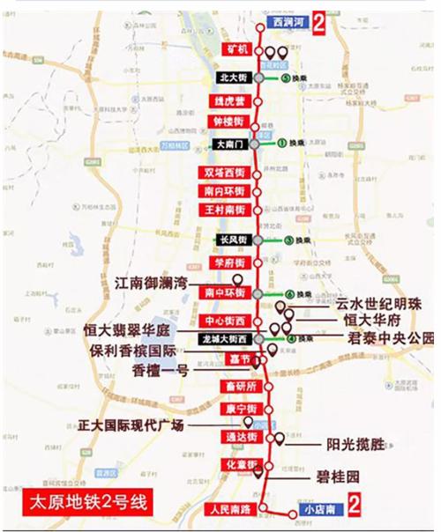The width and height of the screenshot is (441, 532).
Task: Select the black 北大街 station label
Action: coord(233,78)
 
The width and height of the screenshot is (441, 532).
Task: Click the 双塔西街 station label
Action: coord(226,171)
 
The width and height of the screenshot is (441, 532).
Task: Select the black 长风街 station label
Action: coord(230,240)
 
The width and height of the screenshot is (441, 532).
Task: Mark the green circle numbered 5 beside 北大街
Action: coord(288,78)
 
